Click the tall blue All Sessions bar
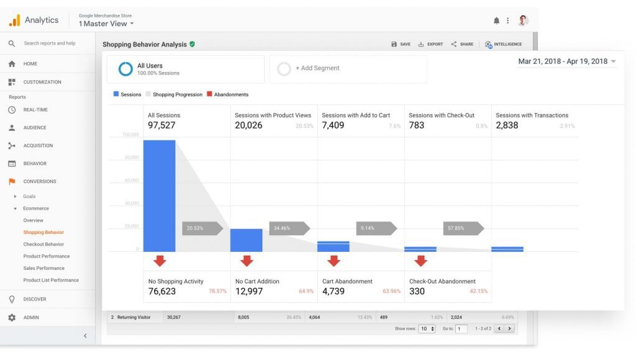click(159, 196)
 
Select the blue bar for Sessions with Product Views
click(246, 240)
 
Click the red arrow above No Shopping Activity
click(160, 261)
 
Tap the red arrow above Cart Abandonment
click(334, 261)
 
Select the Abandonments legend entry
click(227, 94)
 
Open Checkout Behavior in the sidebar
click(43, 244)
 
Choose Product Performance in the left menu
click(47, 256)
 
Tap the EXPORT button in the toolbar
click(430, 44)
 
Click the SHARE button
click(462, 44)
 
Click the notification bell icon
click(496, 20)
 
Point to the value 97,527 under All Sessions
click(161, 125)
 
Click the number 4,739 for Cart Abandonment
click(334, 291)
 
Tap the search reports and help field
click(50, 43)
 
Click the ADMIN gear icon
click(12, 317)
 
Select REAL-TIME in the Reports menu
click(35, 110)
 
